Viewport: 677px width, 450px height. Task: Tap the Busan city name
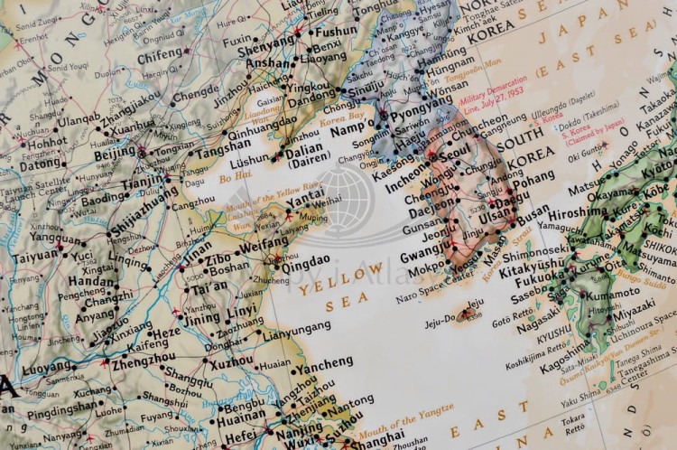(x=533, y=211)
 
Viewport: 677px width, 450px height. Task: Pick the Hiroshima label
(x=578, y=213)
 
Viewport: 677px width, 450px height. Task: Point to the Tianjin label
(x=143, y=182)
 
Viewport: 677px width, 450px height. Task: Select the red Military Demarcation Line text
(x=492, y=98)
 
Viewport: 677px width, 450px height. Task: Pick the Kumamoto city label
(x=617, y=295)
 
